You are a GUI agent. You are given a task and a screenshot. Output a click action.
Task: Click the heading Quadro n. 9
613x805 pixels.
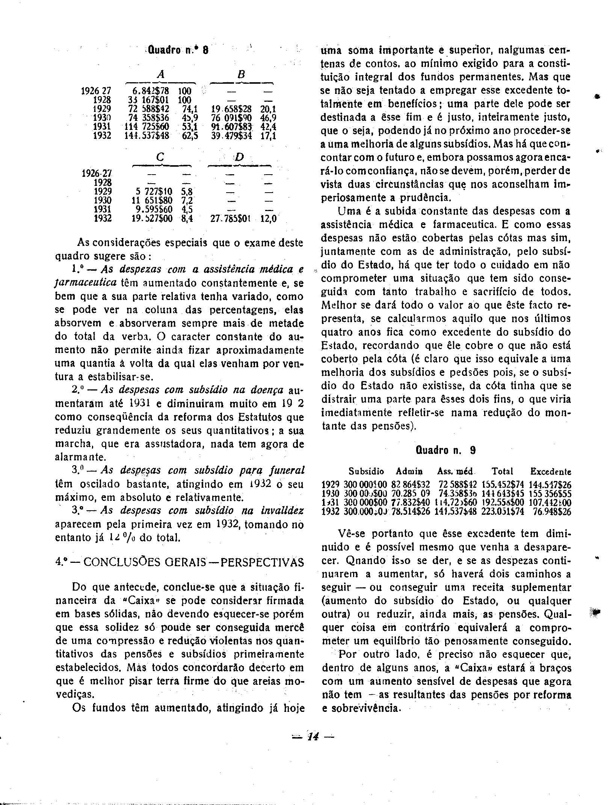click(445, 450)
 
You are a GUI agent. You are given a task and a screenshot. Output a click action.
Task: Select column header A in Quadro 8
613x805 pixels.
click(161, 75)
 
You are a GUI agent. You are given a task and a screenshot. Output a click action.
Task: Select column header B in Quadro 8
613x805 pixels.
click(241, 75)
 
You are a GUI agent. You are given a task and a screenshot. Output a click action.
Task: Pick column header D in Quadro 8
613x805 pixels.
click(239, 158)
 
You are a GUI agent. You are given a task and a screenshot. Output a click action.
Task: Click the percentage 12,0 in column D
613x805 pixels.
click(268, 219)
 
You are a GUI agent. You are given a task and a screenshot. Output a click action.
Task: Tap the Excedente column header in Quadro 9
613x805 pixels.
click(550, 472)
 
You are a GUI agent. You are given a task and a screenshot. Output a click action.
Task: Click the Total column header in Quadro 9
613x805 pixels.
click(502, 471)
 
